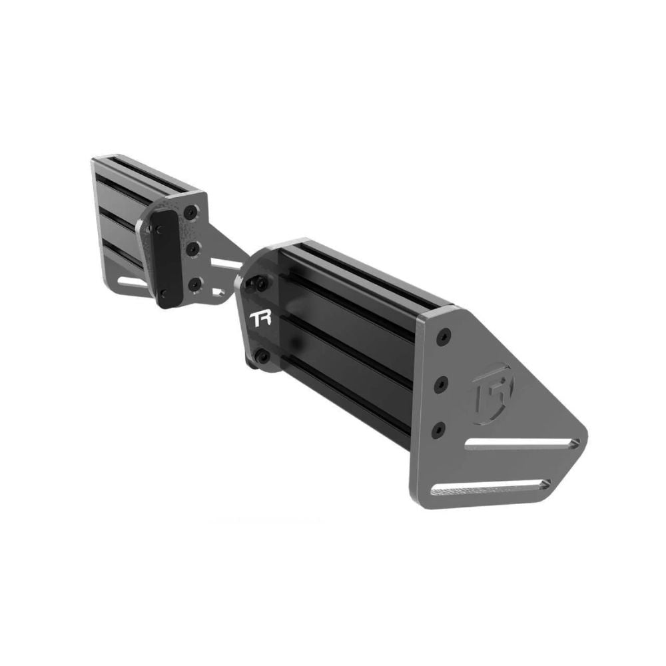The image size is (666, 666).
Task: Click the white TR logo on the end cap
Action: pyautogui.click(x=260, y=319)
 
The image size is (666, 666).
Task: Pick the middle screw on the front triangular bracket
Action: pyautogui.click(x=442, y=385)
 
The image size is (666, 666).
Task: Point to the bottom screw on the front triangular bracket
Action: pyautogui.click(x=439, y=431)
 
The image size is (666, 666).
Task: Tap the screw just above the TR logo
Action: pyautogui.click(x=259, y=282)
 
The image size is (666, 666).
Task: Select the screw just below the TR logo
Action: pyautogui.click(x=262, y=355)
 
